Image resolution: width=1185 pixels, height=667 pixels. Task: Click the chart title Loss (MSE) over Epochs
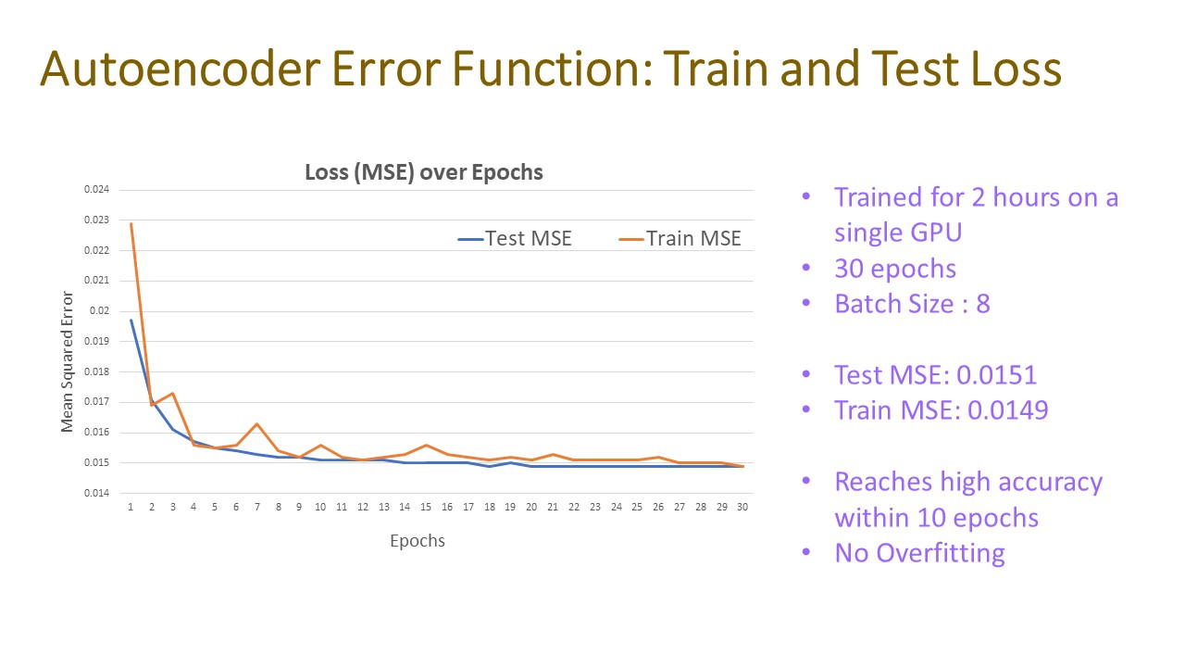point(424,172)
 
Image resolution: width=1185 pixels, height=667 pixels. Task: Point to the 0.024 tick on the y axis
point(97,190)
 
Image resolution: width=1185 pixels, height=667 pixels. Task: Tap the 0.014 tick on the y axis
point(97,493)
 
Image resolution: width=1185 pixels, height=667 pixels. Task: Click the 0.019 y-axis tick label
point(97,341)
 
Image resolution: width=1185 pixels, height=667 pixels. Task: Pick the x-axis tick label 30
point(742,508)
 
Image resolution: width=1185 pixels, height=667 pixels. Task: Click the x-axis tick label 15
point(426,508)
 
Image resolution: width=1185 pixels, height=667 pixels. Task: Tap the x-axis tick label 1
point(131,508)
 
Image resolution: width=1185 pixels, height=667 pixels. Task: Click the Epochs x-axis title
point(418,541)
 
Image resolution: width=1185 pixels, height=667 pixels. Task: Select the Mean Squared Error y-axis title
point(68,361)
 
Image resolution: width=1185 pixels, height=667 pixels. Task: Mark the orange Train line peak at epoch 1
point(131,223)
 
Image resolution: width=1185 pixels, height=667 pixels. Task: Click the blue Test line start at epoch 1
point(131,321)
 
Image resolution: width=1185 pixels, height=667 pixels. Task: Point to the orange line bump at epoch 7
point(257,424)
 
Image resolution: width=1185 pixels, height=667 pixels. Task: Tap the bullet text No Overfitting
point(919,553)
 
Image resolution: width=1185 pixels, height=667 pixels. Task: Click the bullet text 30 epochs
point(895,269)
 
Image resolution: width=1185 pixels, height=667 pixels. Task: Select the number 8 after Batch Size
point(982,304)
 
